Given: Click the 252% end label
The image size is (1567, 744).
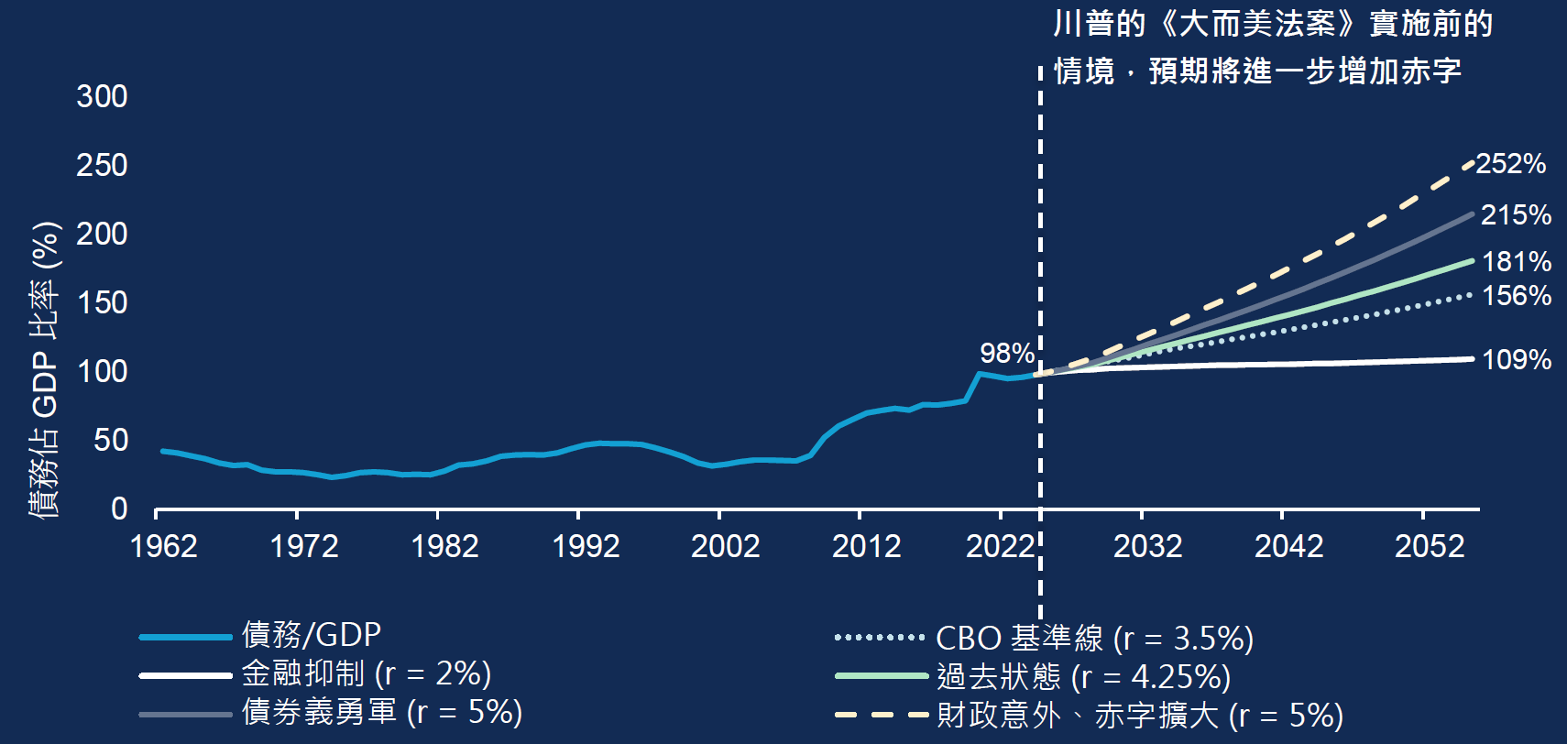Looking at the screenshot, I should pos(1511,164).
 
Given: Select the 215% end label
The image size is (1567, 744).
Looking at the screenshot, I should pos(1516,215).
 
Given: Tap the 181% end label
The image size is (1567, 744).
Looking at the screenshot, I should pos(1516,262).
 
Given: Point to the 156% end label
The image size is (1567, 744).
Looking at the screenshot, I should pos(1516,296).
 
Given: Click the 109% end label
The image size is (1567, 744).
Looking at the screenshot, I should pos(1516,360).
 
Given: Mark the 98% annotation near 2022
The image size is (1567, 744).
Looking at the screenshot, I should pos(1006,353).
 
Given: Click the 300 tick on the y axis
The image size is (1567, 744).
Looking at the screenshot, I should pos(102,96).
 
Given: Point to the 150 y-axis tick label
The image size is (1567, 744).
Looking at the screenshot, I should pos(102,302).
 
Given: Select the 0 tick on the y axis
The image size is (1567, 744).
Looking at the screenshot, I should pos(119,509).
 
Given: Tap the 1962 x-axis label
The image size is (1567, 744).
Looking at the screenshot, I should pos(164,547).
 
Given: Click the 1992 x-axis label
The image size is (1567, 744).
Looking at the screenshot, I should pos(586,547).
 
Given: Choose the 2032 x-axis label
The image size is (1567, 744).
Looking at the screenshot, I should pos(1147,547).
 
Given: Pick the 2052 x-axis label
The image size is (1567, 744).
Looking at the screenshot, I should pos(1429,547).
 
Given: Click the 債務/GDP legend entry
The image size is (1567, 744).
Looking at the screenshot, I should pos(312,634).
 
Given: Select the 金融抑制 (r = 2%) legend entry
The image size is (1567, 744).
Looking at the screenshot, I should pos(366,673).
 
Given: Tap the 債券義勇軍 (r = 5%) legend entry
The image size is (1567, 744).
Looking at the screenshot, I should pos(381,712).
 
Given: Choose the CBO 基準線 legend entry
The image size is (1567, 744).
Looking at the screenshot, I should pos(1094,638).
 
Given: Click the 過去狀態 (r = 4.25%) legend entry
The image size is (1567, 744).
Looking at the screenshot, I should pos(1083,677).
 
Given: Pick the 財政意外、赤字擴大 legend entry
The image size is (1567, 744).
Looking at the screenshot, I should pos(1139,716).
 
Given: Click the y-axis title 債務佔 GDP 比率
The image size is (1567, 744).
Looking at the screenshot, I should pos(45,371).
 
